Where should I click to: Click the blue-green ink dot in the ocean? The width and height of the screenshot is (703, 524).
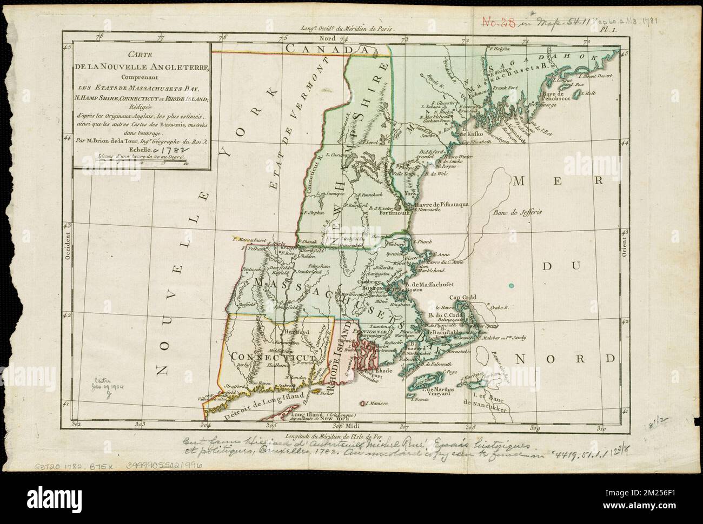(511, 285)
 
